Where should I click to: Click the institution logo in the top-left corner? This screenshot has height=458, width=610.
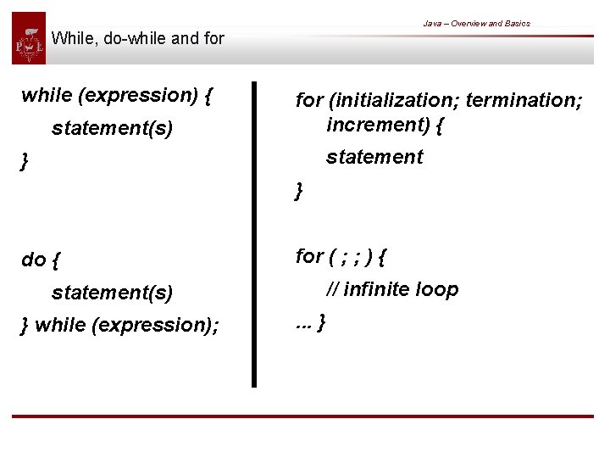pos(29,38)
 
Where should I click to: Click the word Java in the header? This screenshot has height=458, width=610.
pos(432,24)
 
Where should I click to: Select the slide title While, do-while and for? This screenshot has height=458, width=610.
pos(137,38)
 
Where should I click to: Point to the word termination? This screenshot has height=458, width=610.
pos(524,100)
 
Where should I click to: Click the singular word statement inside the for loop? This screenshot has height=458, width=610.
pos(374,157)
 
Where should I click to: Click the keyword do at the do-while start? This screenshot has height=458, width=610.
pos(33,260)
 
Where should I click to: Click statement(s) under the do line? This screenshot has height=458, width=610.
pos(112,293)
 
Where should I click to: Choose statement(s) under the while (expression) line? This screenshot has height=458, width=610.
pos(112,129)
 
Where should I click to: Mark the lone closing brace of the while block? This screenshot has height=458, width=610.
pos(25,161)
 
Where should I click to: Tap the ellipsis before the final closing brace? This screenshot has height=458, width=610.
pos(302,325)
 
